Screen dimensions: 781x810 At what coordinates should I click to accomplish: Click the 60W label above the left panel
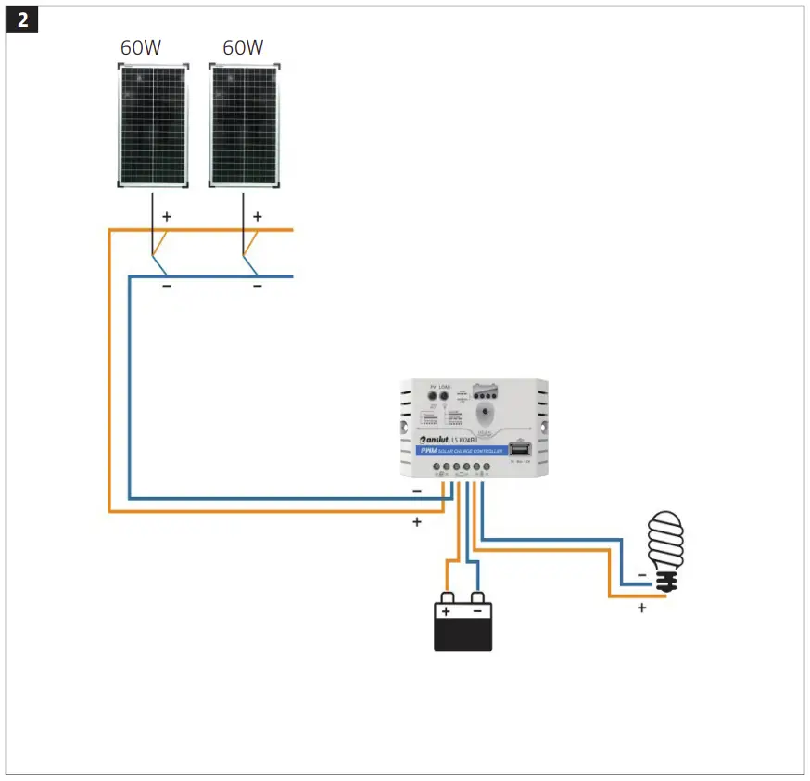pos(141,47)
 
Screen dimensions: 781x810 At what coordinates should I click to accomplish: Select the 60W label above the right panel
pos(244,47)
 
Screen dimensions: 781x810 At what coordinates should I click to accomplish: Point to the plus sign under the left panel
pos(167,216)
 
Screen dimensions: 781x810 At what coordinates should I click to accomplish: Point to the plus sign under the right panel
pos(258,216)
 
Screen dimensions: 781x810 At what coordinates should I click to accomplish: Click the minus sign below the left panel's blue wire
pos(167,286)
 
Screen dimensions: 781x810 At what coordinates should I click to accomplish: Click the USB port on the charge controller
pos(519,450)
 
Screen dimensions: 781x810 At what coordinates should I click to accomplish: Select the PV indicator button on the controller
pos(432,396)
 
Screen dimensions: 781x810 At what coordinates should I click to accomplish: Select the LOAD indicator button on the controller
pos(446,396)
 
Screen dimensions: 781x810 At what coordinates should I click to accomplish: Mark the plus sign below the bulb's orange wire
pos(640,608)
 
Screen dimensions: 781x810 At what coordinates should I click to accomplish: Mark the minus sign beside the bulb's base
pos(641,575)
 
